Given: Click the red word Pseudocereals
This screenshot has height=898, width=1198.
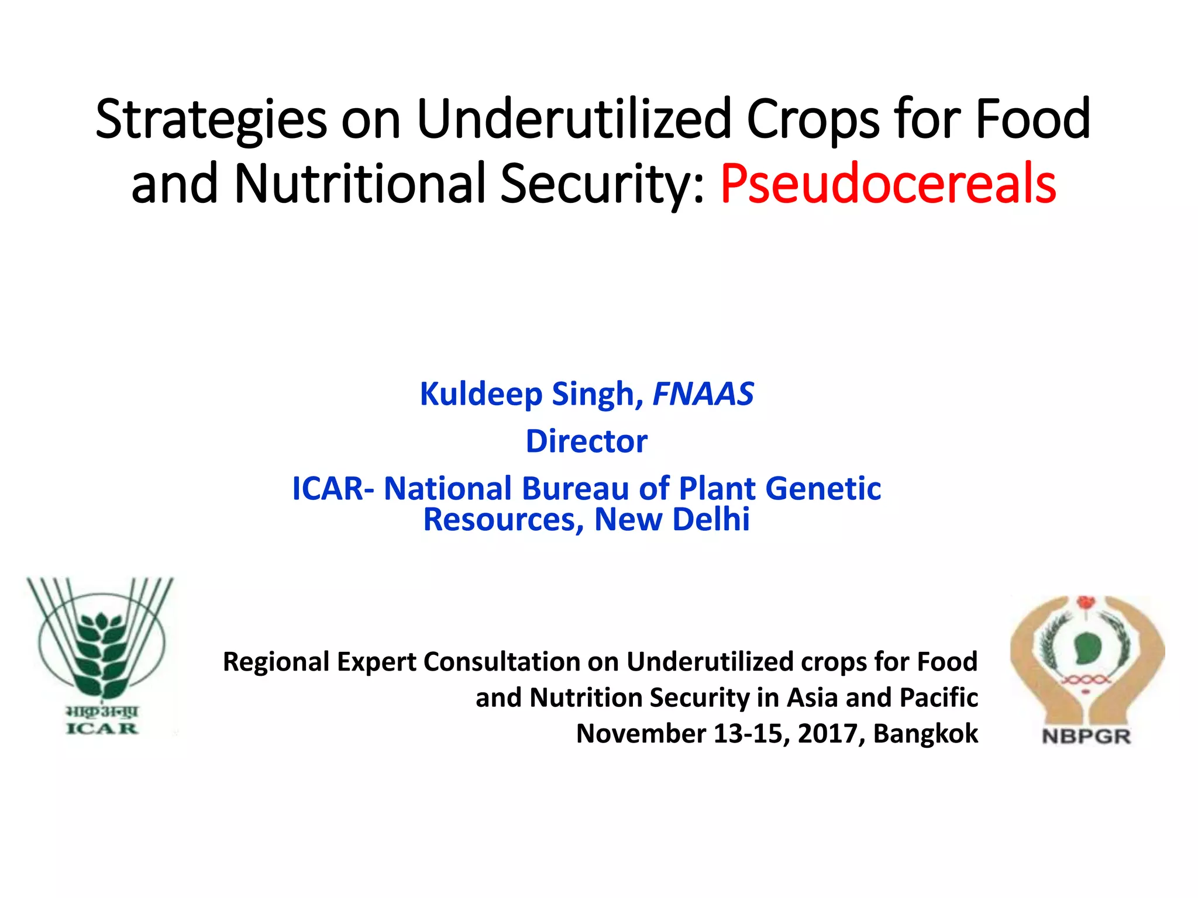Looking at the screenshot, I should coord(887,184).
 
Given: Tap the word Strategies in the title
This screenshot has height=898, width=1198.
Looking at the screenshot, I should coord(211,120).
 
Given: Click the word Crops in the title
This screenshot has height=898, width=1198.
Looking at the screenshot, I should coord(813,120).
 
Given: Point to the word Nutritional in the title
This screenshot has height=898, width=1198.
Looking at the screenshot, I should coord(360,184).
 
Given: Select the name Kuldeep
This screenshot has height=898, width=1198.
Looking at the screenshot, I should coord(481,394).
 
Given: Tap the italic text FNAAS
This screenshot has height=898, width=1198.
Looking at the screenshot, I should coord(703,394).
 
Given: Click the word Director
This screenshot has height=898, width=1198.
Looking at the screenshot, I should coord(586,441).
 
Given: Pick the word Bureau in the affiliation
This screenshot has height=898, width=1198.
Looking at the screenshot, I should coord(575,489).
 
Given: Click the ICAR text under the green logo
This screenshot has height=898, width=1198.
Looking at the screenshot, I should coord(102,728).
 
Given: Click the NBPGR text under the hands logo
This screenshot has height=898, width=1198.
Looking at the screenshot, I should coord(1086,736).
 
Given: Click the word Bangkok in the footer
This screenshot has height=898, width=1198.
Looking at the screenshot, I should coord(925,734).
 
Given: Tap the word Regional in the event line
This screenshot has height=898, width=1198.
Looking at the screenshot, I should coord(277,662).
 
